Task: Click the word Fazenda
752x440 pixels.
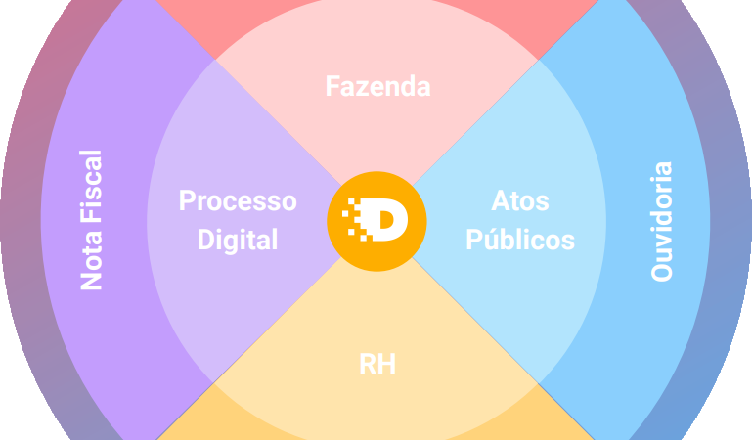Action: [x=377, y=86]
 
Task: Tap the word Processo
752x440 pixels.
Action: [x=237, y=201]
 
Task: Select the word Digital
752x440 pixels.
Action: [x=238, y=240]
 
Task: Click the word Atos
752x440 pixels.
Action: [x=519, y=201]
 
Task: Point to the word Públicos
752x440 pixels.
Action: [x=519, y=240]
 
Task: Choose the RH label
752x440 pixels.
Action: [x=376, y=365]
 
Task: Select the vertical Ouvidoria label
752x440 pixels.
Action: [x=662, y=221]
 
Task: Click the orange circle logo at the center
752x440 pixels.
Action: [x=376, y=221]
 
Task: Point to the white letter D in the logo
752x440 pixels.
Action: [x=388, y=221]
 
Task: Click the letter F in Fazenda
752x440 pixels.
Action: [x=332, y=86]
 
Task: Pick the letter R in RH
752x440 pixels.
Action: [x=367, y=365]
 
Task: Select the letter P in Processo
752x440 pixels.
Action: [x=187, y=201]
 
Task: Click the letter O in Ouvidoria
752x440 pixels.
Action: [x=662, y=271]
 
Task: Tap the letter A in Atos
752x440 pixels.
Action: [x=499, y=201]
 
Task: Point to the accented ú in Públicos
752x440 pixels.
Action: [x=486, y=239]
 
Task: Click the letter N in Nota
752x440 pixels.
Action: [x=91, y=282]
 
